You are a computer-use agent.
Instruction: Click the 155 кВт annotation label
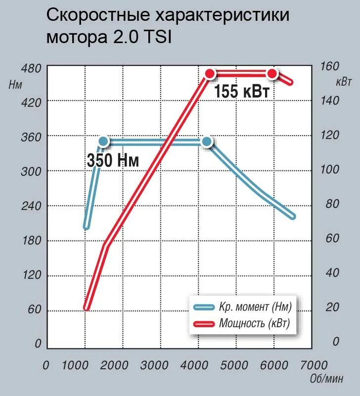pos(242,92)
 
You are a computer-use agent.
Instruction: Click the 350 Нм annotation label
pos(113,160)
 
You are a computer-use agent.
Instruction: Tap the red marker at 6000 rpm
pos(272,74)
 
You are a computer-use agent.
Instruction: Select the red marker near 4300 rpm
pos(211,74)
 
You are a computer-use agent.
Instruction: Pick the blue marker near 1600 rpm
pos(103,142)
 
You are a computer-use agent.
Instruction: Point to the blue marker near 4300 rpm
pos(207,142)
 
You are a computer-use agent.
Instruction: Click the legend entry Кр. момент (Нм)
pos(255,307)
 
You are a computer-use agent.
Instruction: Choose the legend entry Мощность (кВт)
pos(254,324)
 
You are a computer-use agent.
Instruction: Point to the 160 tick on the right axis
pos(329,66)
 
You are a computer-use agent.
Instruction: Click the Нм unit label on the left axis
pos(16,84)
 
